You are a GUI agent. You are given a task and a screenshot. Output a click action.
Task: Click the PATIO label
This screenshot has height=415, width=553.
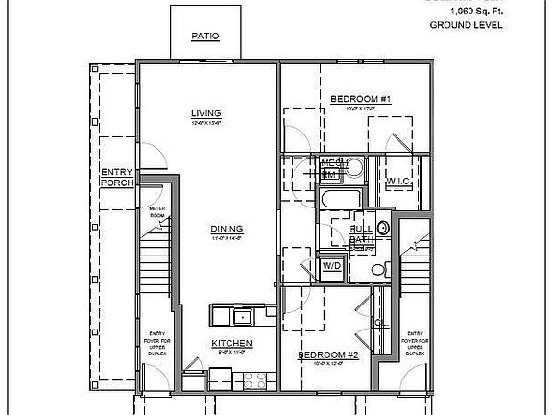tap(204, 37)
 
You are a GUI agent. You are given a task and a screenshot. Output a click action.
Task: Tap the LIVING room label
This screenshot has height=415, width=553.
tap(206, 112)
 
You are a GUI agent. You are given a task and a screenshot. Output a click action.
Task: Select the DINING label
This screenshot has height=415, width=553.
tap(227, 229)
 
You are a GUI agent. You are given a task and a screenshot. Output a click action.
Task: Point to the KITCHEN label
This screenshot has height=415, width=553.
tap(232, 343)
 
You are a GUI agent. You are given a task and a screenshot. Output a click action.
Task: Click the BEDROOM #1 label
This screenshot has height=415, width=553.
tap(360, 99)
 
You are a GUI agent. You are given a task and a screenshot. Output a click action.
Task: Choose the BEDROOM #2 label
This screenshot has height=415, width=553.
tap(327, 355)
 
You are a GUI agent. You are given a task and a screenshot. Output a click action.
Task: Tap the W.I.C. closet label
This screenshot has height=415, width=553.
tap(399, 183)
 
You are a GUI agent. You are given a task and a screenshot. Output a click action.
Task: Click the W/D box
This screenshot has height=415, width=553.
tap(331, 264)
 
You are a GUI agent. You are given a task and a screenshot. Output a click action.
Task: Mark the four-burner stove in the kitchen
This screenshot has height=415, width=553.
tap(255, 378)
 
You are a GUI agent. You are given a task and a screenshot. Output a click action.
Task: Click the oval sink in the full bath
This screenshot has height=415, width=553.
tap(382, 228)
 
